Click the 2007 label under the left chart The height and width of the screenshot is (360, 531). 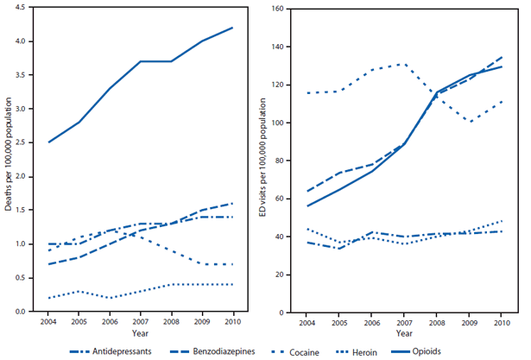point(140,320)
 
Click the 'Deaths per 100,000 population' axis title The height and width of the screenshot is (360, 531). point(9,161)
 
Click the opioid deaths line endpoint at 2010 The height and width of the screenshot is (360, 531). point(232,28)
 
